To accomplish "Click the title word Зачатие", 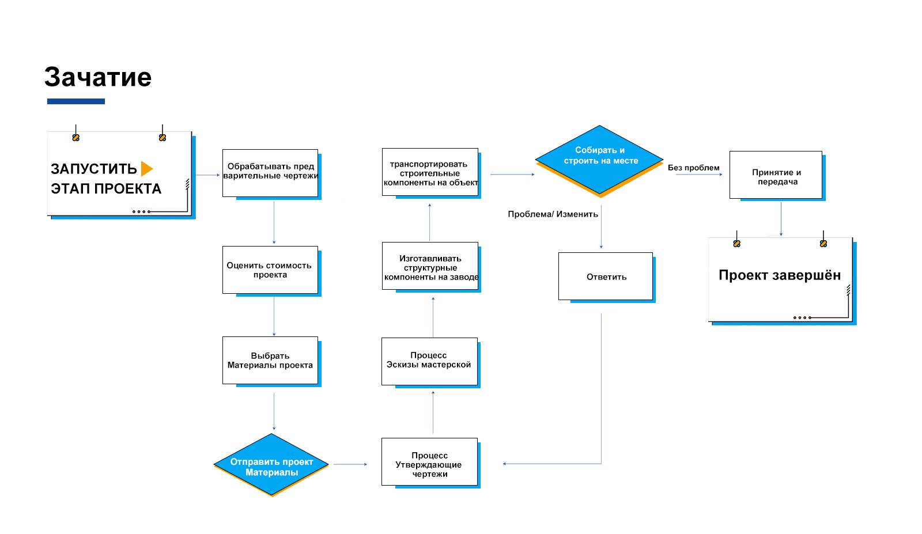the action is coord(98,77).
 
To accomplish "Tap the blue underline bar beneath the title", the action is coord(76,101).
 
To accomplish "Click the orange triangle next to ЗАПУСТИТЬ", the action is coord(147,169).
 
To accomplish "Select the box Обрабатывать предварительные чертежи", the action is coord(270,173).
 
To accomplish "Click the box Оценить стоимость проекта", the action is coord(270,270).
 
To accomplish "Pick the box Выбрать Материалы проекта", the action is coord(270,361).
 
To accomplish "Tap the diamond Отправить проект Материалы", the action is coord(271,464).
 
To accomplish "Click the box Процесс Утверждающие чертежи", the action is coord(430,461).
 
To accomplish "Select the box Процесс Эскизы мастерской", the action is coord(430,362).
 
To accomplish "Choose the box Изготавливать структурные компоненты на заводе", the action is coord(430,266).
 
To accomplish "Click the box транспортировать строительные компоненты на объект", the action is coord(430,172).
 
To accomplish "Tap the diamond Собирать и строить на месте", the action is coord(599,160).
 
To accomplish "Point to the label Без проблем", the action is coord(694,168).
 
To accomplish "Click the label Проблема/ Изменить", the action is coord(553,214).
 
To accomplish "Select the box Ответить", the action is coord(606,277).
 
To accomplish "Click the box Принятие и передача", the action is coord(776,175).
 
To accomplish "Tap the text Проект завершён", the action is coord(780,275).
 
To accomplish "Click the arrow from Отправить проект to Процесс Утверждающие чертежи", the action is coord(350,464).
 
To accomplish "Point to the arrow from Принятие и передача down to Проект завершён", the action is coord(781,219).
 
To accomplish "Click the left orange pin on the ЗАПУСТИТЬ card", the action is coord(75,138).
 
